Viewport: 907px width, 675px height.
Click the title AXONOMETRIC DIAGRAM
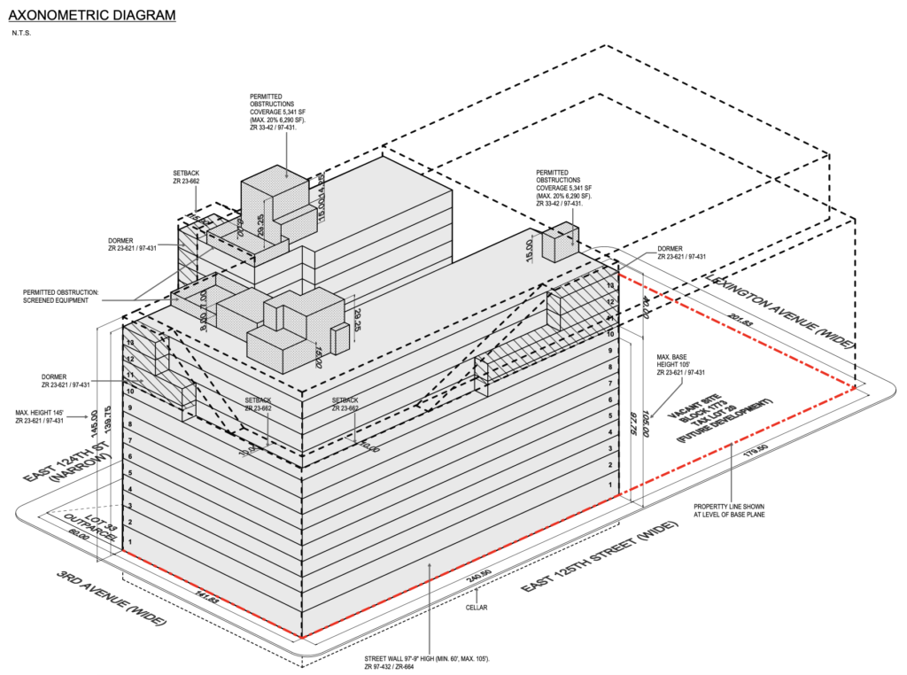91,15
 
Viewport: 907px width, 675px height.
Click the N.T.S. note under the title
22,33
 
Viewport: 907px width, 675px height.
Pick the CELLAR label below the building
477,608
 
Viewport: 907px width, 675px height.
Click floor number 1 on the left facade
130,540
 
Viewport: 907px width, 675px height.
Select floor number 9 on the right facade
610,352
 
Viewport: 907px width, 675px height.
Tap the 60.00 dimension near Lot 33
81,536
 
